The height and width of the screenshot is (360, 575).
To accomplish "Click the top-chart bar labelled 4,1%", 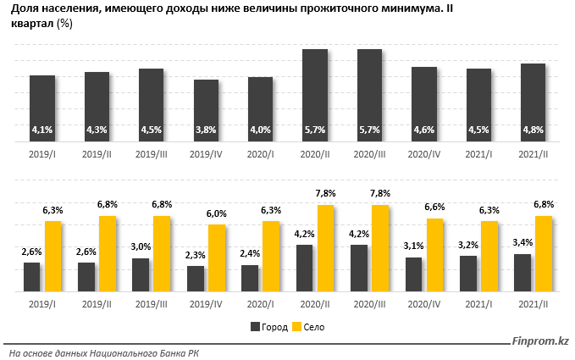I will pyautogui.click(x=42, y=108).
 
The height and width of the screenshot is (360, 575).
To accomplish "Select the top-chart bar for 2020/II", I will pyautogui.click(x=315, y=95).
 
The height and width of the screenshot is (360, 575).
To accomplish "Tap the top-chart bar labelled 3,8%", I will pyautogui.click(x=206, y=110).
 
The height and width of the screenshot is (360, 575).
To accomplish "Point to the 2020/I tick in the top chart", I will pyautogui.click(x=261, y=155).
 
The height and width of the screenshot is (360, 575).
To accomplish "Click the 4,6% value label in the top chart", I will pyautogui.click(x=424, y=130).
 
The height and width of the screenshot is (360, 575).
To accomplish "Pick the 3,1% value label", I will pyautogui.click(x=413, y=246).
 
